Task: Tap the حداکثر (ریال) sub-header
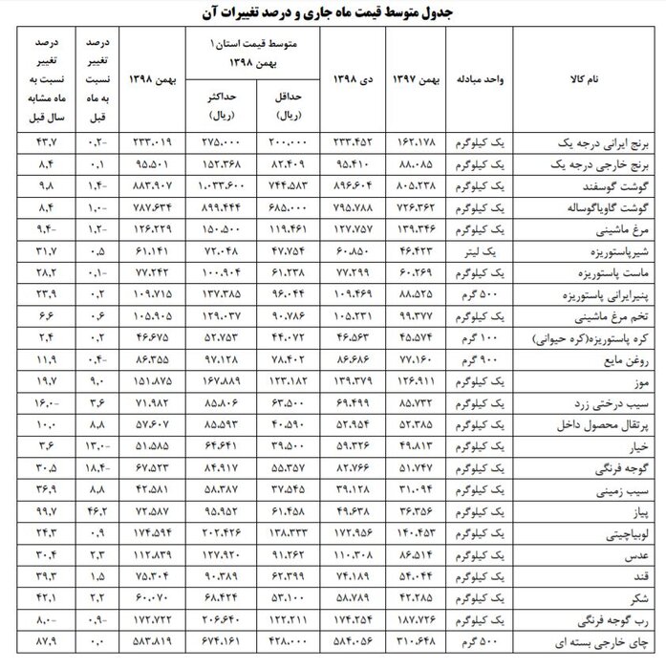pos(225,106)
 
